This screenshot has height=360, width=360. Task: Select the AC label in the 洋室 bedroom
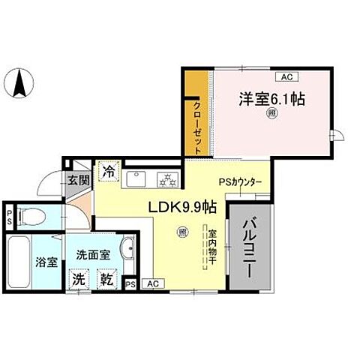(x=285, y=76)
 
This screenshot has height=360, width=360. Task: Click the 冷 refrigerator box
(x=109, y=170)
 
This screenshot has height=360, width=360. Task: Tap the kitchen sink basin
(x=136, y=179)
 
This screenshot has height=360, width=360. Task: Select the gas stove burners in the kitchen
(x=164, y=179)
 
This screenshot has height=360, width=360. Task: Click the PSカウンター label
(x=240, y=181)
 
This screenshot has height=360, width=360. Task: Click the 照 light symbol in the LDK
(x=181, y=232)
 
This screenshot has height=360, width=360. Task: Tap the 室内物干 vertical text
(x=212, y=249)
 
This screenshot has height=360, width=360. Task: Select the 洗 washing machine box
(x=79, y=279)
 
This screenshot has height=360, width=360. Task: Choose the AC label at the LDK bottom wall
(x=152, y=283)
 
